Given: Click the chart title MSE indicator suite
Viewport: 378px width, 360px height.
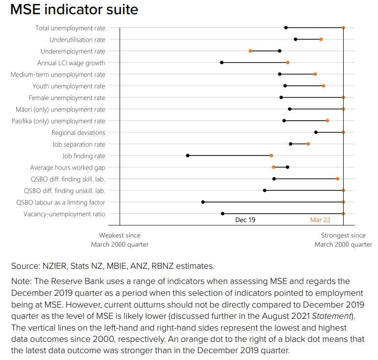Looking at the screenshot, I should point(74,9).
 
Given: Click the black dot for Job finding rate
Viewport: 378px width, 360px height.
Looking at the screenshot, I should point(188,155).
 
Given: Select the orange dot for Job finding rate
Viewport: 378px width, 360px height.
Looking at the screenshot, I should point(271,155).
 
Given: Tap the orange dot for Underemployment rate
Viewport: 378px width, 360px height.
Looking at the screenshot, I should point(250,51).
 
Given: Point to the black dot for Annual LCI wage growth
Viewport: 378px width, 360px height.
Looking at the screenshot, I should point(222,62).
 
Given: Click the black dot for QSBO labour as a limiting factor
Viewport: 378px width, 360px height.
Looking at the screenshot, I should point(203,202).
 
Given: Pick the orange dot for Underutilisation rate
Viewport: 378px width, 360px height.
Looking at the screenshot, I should point(321,39).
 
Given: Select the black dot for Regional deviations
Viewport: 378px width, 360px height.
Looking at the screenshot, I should point(316,132).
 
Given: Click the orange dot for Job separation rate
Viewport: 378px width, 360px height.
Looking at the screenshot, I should point(308,144).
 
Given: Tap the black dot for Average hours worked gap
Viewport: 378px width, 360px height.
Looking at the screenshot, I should point(288,167).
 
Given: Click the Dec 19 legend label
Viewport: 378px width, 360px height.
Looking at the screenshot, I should point(245,220).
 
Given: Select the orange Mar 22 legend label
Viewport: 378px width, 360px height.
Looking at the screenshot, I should point(320,220).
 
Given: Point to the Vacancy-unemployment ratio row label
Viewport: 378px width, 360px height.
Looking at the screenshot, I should point(64,214).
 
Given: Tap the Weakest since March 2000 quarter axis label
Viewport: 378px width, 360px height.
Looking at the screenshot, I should point(120,240).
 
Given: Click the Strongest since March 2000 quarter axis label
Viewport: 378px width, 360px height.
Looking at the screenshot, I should point(343,240).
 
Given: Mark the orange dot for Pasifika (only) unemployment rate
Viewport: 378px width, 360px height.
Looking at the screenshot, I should point(327,121).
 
